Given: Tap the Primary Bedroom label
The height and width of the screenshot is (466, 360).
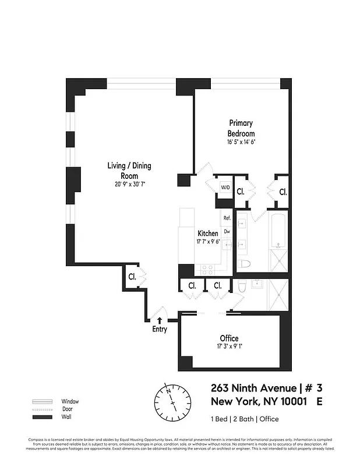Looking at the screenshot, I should click(241, 128).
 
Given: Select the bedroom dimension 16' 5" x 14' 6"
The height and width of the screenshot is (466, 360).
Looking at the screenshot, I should click(241, 142).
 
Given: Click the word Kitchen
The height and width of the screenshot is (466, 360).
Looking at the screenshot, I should click(208, 234).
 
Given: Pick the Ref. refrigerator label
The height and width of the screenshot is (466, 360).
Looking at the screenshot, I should click(227, 218).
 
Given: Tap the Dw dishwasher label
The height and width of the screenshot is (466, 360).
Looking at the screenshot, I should click(227, 231).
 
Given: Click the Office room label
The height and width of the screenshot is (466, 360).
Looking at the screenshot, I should click(229, 338).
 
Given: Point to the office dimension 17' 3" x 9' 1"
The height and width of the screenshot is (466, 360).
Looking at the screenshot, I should click(229, 348).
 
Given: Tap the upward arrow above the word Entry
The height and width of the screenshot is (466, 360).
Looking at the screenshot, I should click(159, 320).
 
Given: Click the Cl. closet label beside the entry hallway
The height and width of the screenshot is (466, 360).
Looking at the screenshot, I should click(132, 277).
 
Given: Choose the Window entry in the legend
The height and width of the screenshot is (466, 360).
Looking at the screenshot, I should click(69, 401).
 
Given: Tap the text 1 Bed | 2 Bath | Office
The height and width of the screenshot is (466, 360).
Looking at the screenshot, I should click(244, 419).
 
